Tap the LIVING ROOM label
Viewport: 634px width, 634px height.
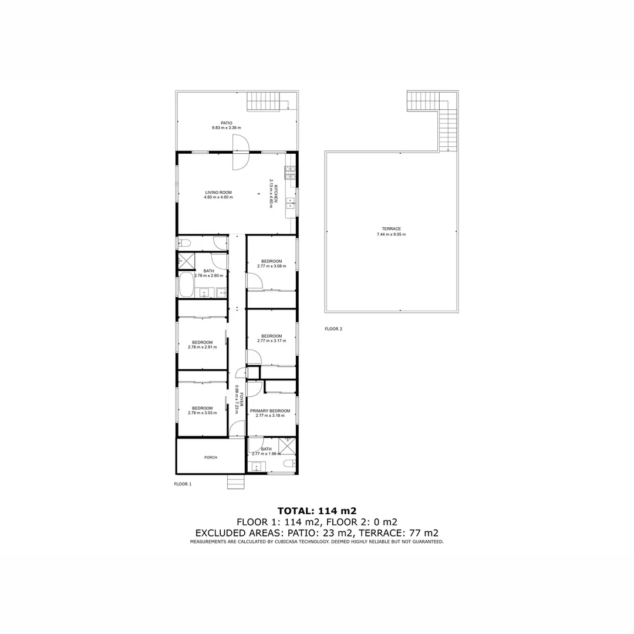point(218,193)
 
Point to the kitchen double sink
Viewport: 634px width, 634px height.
point(291,204)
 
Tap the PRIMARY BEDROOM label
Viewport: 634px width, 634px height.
point(270,411)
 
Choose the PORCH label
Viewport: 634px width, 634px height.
point(211,457)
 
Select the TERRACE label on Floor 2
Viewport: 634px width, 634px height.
point(391,229)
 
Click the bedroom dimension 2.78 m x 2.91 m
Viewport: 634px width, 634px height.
point(203,347)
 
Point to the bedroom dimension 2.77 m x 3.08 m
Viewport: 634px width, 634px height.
point(271,266)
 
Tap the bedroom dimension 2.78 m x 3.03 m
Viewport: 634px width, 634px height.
point(203,413)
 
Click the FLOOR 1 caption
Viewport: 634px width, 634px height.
point(183,484)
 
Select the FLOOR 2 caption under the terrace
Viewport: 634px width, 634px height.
point(333,329)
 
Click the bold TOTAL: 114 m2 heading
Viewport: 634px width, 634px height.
point(317,510)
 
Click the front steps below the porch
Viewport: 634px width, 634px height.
point(235,481)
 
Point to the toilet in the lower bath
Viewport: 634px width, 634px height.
point(288,464)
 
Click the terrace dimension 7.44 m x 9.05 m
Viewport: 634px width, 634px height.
point(391,234)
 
